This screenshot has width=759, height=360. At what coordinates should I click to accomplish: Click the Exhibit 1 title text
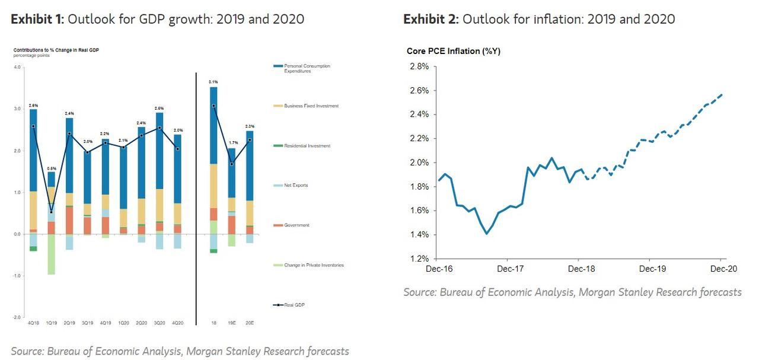click(157, 19)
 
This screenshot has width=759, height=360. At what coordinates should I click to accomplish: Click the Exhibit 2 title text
click(538, 19)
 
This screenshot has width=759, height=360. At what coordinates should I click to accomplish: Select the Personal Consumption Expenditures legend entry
click(307, 68)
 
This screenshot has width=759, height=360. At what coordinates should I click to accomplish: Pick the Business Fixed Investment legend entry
click(311, 106)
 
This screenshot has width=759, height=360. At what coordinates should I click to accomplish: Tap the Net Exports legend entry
click(295, 186)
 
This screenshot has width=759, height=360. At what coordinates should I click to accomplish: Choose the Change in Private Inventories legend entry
click(313, 265)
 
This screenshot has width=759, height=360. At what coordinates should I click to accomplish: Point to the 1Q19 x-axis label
click(52, 323)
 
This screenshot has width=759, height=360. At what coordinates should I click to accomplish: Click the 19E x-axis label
click(232, 323)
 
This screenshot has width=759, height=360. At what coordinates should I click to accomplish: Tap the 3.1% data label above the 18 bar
click(213, 82)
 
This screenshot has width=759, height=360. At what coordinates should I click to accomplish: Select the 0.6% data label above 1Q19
click(52, 168)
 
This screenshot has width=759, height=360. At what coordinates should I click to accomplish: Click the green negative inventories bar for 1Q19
click(52, 254)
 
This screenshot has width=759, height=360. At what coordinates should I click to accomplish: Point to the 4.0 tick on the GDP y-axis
click(18, 68)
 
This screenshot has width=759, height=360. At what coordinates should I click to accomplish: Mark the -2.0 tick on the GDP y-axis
click(17, 317)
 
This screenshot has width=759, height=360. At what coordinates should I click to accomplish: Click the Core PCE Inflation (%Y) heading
click(453, 51)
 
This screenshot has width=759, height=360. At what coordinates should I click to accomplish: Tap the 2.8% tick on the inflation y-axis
click(419, 66)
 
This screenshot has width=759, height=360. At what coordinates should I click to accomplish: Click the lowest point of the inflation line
click(487, 234)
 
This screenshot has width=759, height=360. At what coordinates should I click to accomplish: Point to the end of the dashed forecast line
click(722, 94)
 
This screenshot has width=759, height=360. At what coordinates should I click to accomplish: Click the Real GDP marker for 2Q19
click(69, 133)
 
